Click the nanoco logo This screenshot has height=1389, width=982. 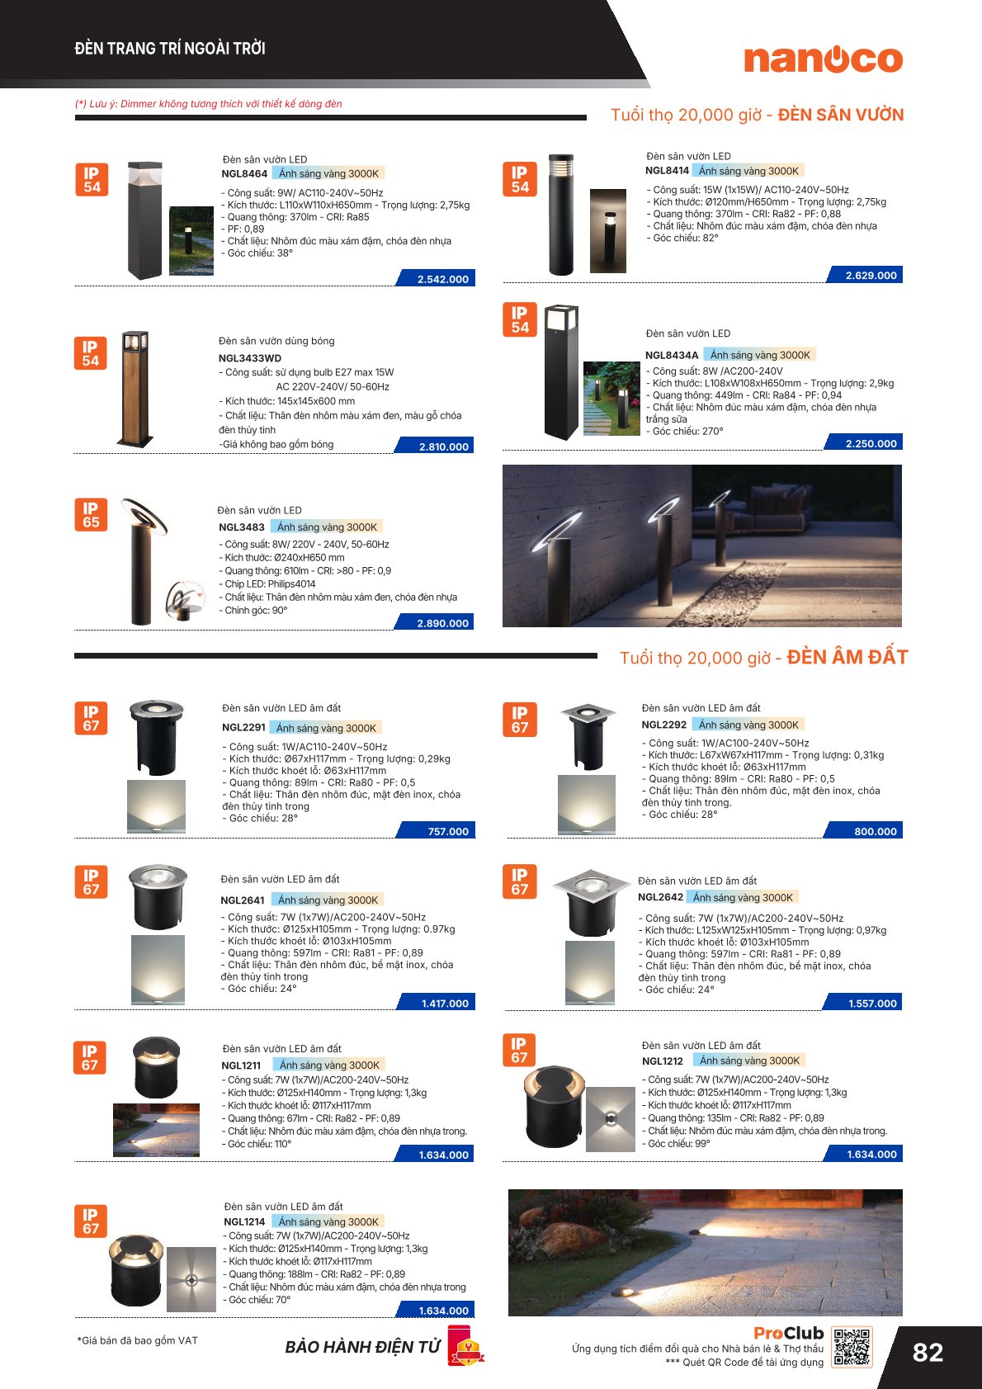click(x=823, y=59)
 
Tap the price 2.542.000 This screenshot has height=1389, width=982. click(x=442, y=279)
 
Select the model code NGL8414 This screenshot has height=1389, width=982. click(x=667, y=171)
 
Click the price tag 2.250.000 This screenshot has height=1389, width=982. click(x=871, y=443)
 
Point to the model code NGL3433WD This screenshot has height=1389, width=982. click(x=250, y=358)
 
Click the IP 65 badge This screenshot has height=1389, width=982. click(x=91, y=515)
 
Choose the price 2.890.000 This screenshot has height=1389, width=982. click(x=442, y=623)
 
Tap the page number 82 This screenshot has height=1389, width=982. click(x=928, y=1352)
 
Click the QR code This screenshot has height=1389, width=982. click(x=852, y=1348)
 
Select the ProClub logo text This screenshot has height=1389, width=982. click(x=788, y=1333)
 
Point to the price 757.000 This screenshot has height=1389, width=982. click(x=448, y=831)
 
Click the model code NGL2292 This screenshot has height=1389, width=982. click(x=664, y=725)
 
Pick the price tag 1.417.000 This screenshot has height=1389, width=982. click(x=445, y=1003)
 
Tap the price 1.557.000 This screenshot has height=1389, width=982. click(x=872, y=1003)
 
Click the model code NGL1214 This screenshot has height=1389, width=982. click(x=244, y=1221)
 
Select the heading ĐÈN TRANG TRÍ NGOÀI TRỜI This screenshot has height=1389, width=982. click(x=170, y=49)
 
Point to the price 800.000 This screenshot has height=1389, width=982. click(x=875, y=831)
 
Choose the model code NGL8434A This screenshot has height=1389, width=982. click(x=672, y=355)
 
